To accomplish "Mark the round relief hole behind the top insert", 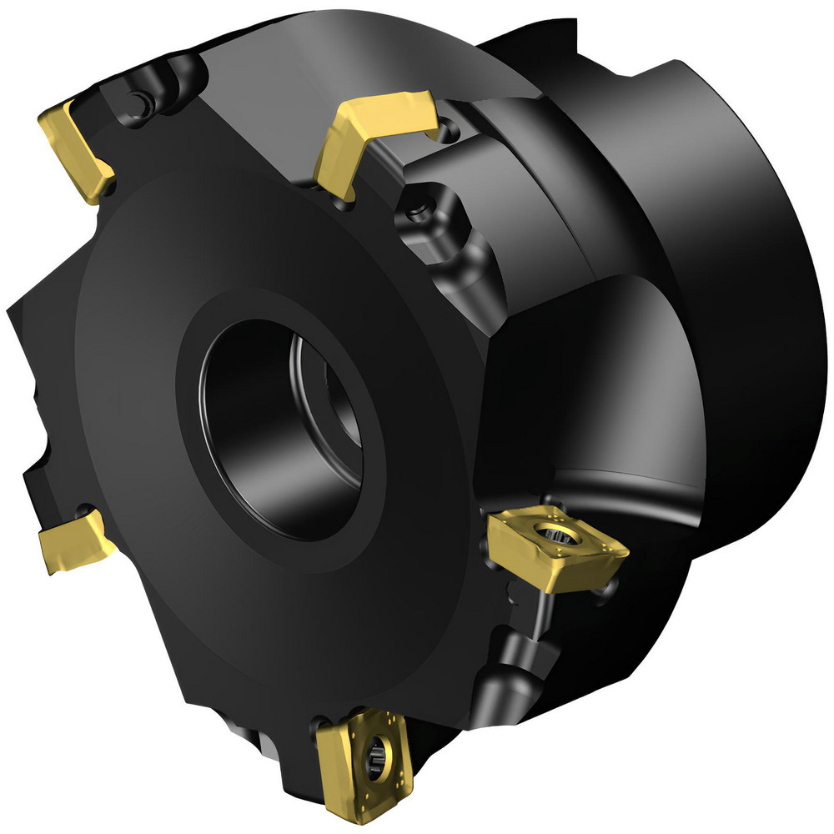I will [451, 128].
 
